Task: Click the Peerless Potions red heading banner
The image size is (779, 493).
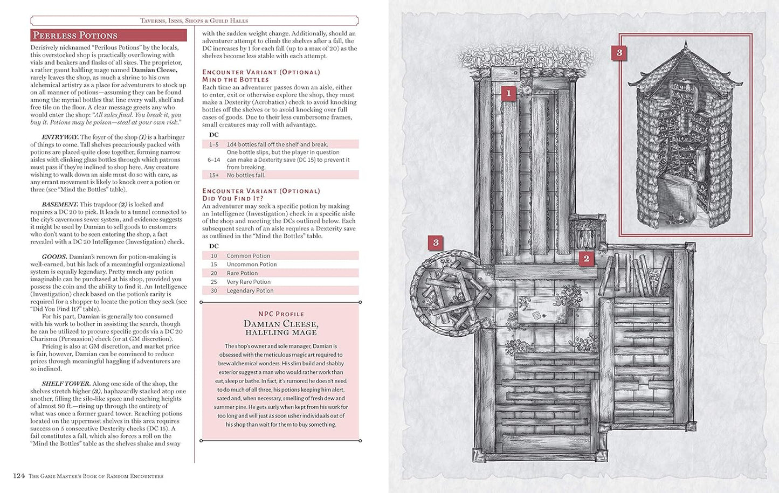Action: [x=108, y=36]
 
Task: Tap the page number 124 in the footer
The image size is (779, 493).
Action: [x=19, y=476]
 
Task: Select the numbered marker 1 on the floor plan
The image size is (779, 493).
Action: [x=508, y=93]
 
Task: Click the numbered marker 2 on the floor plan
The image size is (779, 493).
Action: [x=586, y=259]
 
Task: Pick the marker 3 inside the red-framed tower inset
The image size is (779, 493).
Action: [x=619, y=53]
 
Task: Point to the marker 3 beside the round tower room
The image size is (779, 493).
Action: [x=436, y=243]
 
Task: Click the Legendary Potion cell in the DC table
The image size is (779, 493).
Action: [x=250, y=291]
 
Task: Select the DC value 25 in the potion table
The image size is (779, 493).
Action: [x=213, y=282]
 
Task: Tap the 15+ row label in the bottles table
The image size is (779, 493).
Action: [x=214, y=175]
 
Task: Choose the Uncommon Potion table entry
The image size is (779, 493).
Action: [x=251, y=265]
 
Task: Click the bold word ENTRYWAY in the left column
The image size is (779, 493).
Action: [x=60, y=137]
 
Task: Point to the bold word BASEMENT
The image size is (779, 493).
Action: [x=60, y=205]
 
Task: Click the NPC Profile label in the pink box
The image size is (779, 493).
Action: [x=281, y=314]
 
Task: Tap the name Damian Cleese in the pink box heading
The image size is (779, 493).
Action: [x=281, y=324]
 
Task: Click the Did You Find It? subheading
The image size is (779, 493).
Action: [x=232, y=198]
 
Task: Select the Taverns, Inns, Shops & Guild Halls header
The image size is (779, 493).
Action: [x=194, y=20]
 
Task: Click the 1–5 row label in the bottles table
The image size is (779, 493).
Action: [x=214, y=144]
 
